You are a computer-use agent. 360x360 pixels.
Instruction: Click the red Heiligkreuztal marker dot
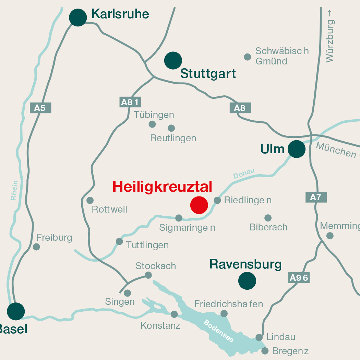coord(199,205)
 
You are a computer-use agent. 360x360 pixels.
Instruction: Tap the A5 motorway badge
coord(40,108)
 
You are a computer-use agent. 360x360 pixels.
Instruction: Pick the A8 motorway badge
coord(240,108)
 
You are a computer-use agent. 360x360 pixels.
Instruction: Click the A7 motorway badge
coord(316,197)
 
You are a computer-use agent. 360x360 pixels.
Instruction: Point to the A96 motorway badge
coord(299,278)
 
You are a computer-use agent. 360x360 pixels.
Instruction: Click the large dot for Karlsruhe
coord(78,17)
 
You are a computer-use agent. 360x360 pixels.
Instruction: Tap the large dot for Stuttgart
coord(173,61)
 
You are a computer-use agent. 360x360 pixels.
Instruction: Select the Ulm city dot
coord(297,149)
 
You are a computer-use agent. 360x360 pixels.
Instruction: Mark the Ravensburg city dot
coord(247,281)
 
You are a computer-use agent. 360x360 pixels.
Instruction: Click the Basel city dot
coord(16,311)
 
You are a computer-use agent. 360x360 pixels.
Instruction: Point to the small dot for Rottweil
coord(90,200)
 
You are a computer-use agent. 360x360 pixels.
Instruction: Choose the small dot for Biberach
coord(268,218)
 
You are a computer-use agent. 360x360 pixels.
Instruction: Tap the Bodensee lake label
coord(219,331)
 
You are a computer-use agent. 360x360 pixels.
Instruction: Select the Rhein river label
coord(14,191)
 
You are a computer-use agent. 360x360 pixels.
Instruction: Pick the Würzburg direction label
coord(330,36)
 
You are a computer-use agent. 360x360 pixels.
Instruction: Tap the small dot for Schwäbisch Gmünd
coord(248,57)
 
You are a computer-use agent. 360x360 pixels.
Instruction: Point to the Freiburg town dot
coord(36,247)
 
